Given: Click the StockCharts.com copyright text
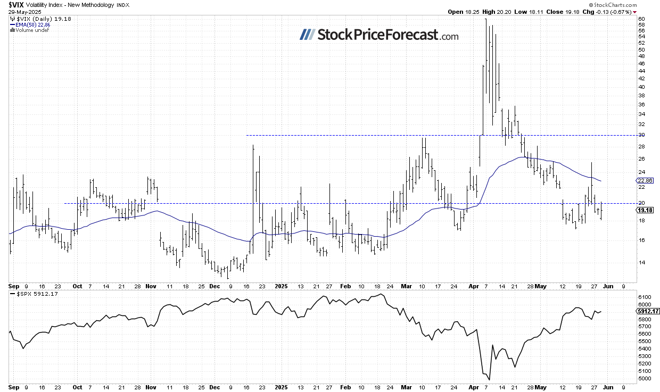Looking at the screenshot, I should pyautogui.click(x=613, y=4).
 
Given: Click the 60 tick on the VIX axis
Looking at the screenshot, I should pyautogui.click(x=641, y=20).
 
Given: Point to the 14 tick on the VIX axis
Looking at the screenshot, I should pyautogui.click(x=641, y=262).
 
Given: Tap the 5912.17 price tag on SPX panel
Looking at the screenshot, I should pyautogui.click(x=647, y=311).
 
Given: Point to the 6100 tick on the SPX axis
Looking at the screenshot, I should pyautogui.click(x=644, y=296).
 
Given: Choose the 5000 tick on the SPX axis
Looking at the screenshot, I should pyautogui.click(x=644, y=378).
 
